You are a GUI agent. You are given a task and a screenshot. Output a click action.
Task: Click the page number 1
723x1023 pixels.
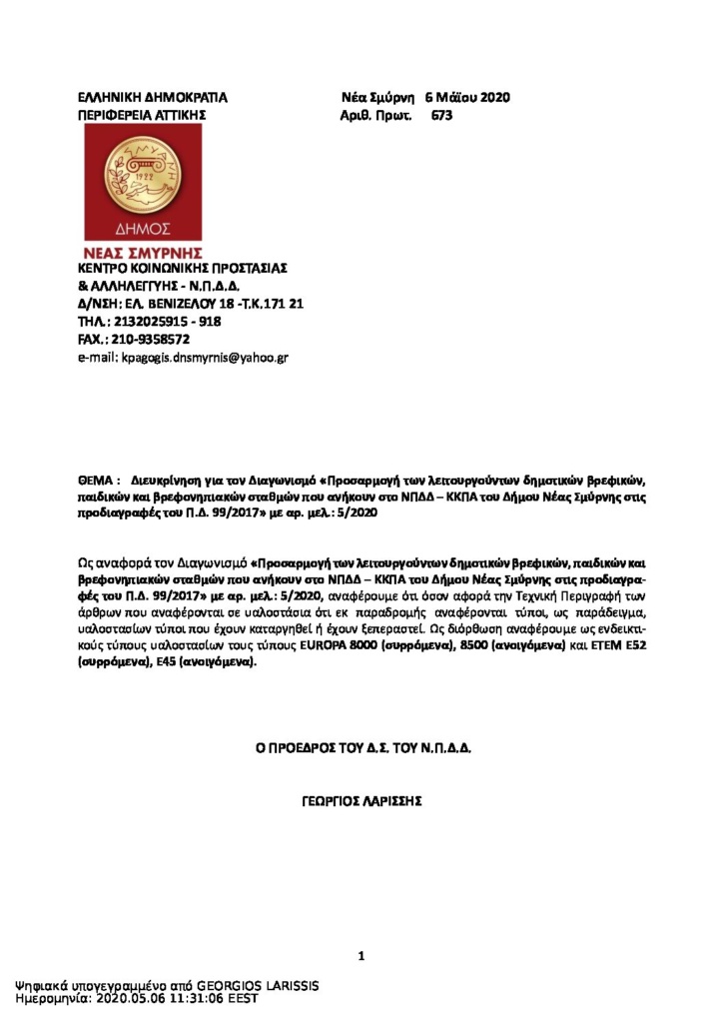pos(361,957)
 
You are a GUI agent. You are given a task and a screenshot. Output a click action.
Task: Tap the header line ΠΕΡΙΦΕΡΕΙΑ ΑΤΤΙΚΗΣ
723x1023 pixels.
pos(142,115)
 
